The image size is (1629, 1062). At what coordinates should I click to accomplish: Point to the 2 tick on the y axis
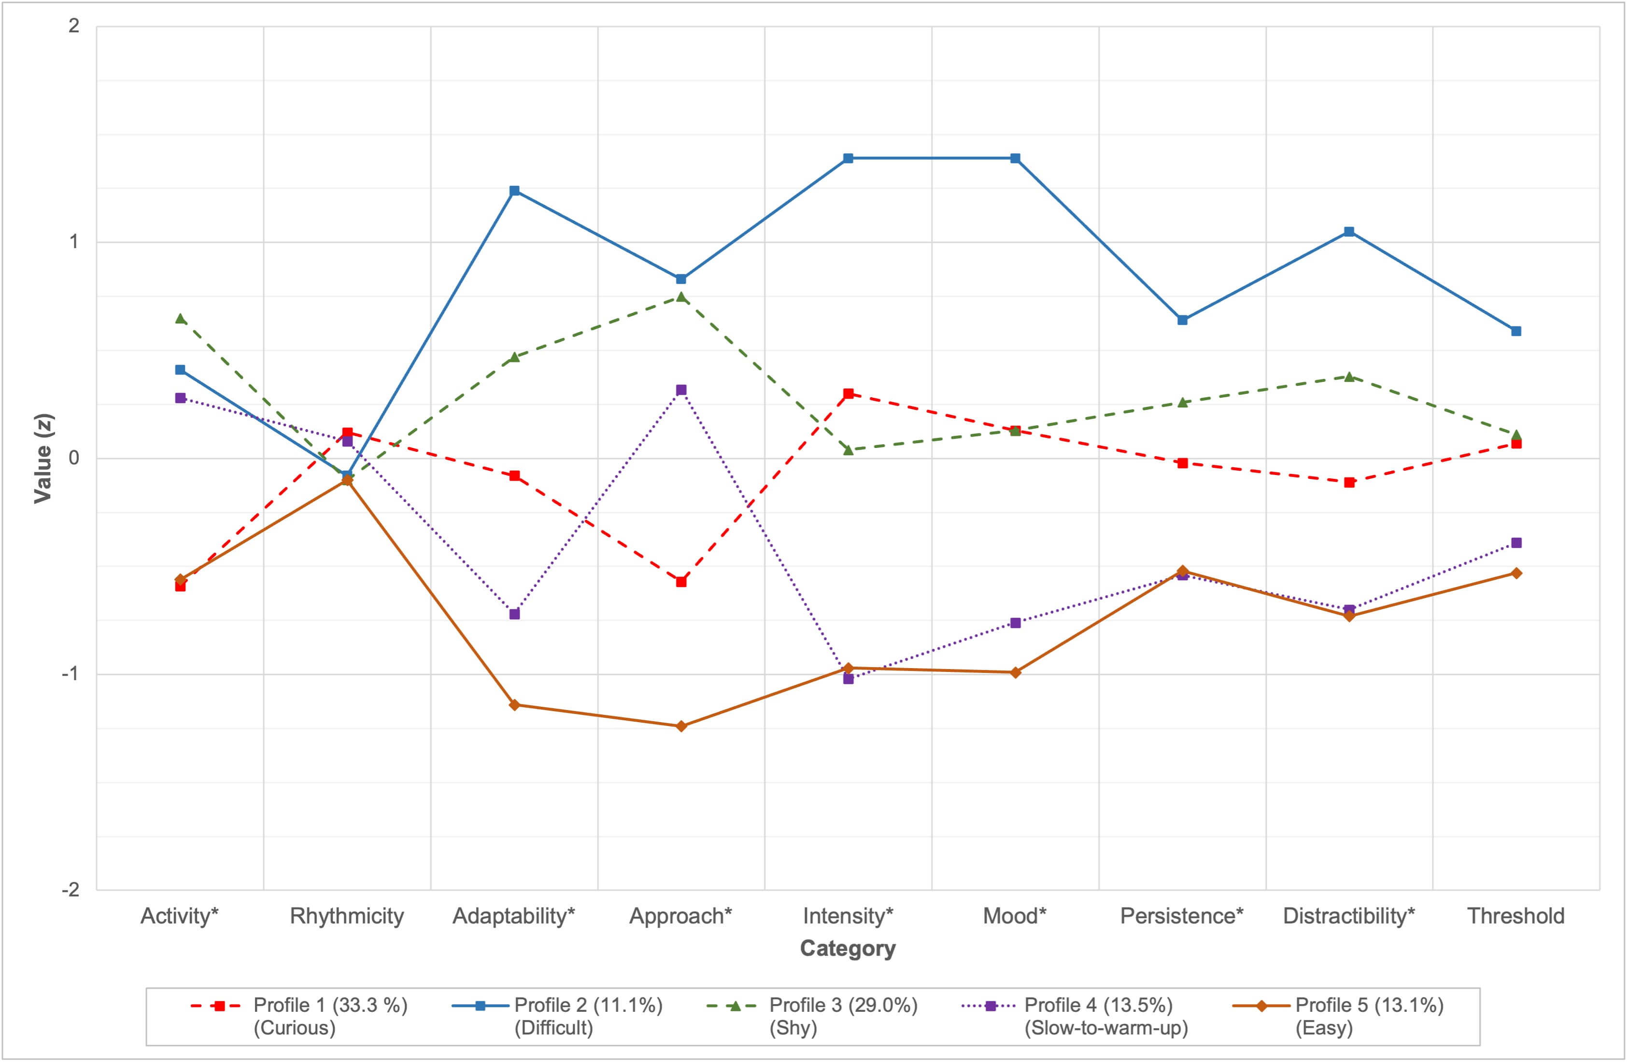click(74, 26)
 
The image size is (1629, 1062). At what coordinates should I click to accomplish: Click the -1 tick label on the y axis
click(71, 674)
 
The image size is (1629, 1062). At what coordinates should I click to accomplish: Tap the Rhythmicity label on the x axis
click(347, 916)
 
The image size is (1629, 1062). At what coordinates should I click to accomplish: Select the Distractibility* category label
click(1348, 916)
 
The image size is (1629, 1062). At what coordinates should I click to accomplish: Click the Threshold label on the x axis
click(1516, 916)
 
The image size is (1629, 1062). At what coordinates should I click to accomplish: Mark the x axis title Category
click(848, 949)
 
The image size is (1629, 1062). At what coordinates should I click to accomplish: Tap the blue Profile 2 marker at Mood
click(1015, 158)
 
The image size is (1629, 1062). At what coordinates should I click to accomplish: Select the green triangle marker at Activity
click(181, 318)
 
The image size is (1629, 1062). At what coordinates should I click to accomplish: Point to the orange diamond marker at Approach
click(681, 726)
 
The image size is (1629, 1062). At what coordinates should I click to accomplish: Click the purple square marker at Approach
click(681, 390)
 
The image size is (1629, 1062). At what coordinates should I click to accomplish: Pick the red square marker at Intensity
click(848, 393)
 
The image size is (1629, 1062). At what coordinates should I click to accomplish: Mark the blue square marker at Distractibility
click(1349, 231)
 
